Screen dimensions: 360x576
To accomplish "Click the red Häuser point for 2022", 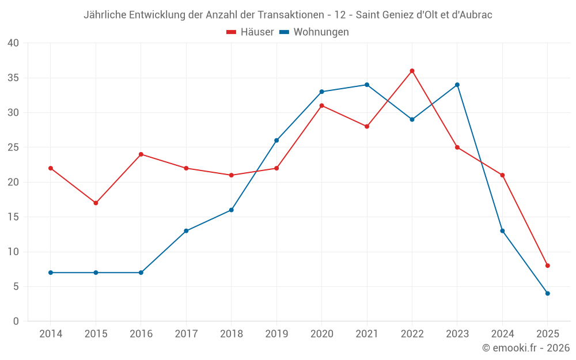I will coord(412,71).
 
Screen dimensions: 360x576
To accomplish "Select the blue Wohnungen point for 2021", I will coord(367,85).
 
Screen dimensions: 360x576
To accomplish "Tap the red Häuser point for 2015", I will coord(96,203).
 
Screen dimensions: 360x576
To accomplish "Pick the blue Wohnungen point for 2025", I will coord(548,293).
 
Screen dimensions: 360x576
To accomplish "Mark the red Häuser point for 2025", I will coord(548,266).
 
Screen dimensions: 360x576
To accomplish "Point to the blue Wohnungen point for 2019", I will coord(276,141).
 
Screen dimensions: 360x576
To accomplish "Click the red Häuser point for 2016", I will coord(141,154).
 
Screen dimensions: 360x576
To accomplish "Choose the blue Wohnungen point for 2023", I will coord(457,85).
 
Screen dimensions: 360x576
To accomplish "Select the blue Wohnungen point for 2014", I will coord(51,272).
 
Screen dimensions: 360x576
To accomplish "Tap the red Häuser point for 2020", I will coord(321,105).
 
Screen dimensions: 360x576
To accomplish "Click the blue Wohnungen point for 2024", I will coord(502,231).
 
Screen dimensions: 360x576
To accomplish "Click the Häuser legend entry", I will coord(250,32).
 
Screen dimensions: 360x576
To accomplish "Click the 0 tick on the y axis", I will coord(16,321).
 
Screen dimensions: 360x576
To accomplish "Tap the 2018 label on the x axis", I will coord(231,334).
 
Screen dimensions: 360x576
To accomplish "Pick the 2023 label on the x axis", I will coord(457,334).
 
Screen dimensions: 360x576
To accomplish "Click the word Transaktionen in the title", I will coord(297,15).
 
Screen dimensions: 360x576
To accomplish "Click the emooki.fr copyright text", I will coord(525,348).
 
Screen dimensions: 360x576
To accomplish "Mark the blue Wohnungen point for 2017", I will coord(186,231).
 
